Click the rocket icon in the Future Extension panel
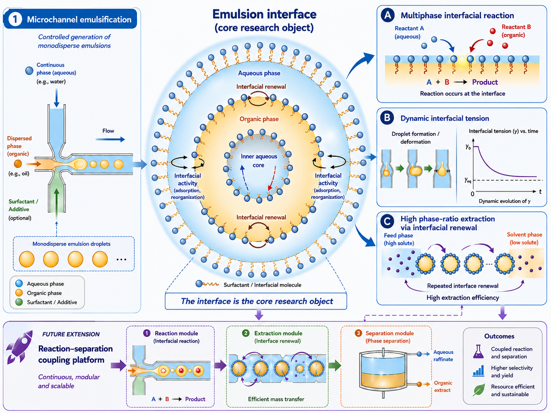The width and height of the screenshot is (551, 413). point(19,347)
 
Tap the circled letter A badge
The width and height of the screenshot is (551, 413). point(388,15)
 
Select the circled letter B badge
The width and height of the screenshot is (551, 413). point(387,118)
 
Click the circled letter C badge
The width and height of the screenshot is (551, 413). point(387,221)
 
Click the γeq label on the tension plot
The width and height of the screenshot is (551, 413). point(467,180)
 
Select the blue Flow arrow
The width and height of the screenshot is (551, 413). point(110,140)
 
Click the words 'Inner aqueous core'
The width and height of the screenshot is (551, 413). point(259,161)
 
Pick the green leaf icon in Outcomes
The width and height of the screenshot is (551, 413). point(479,390)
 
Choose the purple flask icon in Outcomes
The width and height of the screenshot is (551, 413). point(478,351)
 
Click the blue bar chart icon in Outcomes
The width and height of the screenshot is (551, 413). point(478,371)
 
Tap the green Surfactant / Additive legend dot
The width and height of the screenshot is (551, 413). point(19,302)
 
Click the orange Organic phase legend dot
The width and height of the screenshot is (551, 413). point(19,292)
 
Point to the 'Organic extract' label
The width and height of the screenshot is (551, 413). point(443,386)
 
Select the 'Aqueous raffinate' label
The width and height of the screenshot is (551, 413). point(443,356)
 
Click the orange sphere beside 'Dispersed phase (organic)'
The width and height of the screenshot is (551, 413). point(18,164)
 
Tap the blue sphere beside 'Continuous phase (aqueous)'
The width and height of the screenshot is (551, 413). point(29,71)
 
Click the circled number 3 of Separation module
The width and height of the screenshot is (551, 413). point(358,333)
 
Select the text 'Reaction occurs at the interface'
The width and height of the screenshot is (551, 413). point(462,94)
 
